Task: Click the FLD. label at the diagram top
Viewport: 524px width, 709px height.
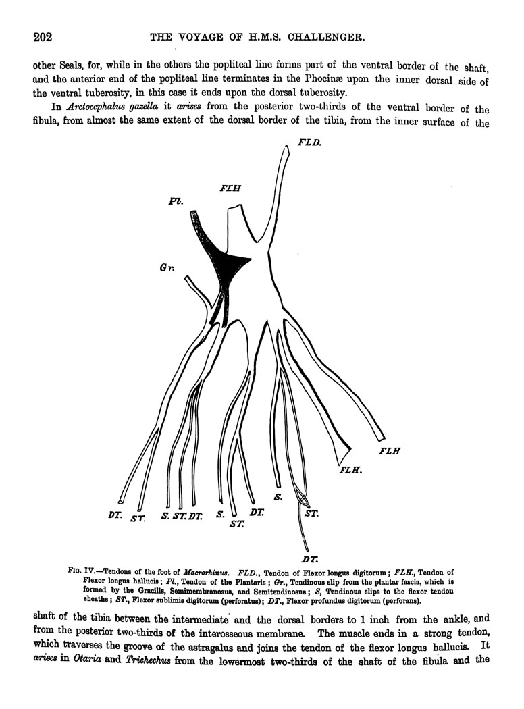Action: (310, 143)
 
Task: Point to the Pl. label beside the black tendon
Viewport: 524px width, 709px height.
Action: (178, 201)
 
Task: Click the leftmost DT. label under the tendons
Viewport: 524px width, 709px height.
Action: (114, 515)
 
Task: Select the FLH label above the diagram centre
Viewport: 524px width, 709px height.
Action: (231, 190)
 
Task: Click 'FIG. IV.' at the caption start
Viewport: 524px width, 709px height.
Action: (82, 572)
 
